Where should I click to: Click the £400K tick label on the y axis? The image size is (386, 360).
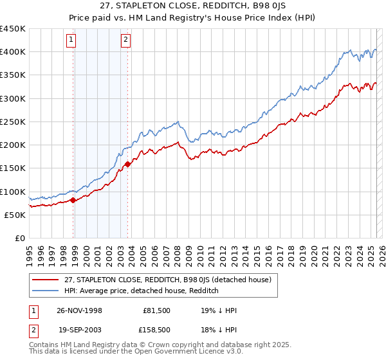click(13, 52)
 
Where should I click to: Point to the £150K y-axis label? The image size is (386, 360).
click(13, 168)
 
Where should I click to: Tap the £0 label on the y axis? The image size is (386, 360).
click(21, 239)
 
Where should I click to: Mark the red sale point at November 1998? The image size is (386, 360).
click(73, 200)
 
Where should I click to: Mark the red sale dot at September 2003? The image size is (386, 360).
click(128, 164)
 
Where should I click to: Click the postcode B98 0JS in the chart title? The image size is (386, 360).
click(237, 7)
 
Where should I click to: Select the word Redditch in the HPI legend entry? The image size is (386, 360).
click(203, 291)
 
